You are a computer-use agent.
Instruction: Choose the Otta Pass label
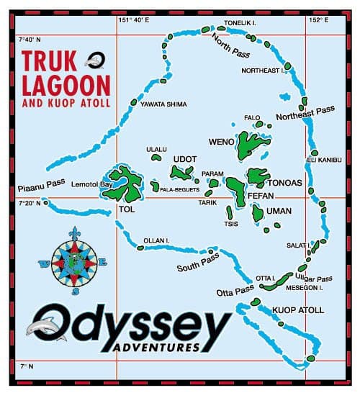click(235, 292)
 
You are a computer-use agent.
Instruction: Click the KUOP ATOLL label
click(298, 311)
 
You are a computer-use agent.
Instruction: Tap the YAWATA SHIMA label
click(163, 105)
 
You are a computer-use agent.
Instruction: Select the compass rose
click(74, 261)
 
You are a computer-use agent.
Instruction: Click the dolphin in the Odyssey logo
click(39, 327)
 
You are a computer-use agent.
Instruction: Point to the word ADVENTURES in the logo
click(156, 348)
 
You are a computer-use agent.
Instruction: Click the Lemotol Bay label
click(91, 185)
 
